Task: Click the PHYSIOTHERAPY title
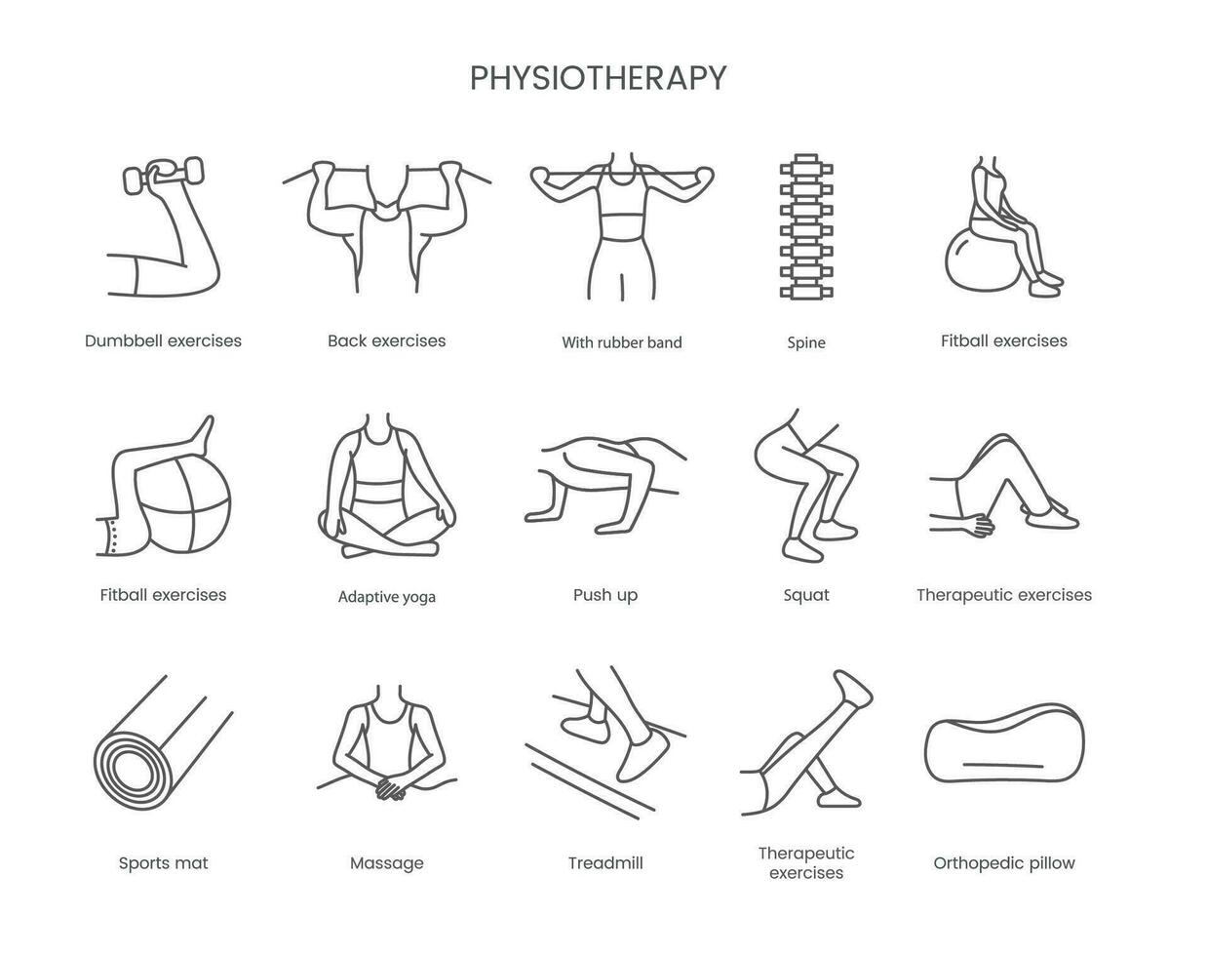[x=598, y=78]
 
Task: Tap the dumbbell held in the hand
[x=163, y=174]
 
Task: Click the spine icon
[x=806, y=225]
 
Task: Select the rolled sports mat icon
[x=163, y=742]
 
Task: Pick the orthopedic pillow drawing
[x=1004, y=742]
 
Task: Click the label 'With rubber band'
[x=622, y=342]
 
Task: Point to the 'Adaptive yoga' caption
[x=386, y=597]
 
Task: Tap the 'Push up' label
[x=605, y=596]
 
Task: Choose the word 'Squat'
[x=806, y=596]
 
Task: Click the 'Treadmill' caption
[x=605, y=862]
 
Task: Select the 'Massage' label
[x=386, y=863]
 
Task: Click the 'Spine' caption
[x=806, y=343]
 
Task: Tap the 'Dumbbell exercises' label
[x=163, y=340]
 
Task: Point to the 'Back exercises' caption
[x=386, y=340]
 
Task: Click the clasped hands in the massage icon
[x=390, y=787]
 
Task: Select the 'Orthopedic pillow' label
[x=1004, y=863]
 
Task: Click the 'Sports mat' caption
[x=163, y=863]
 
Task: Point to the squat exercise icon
[x=806, y=485]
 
